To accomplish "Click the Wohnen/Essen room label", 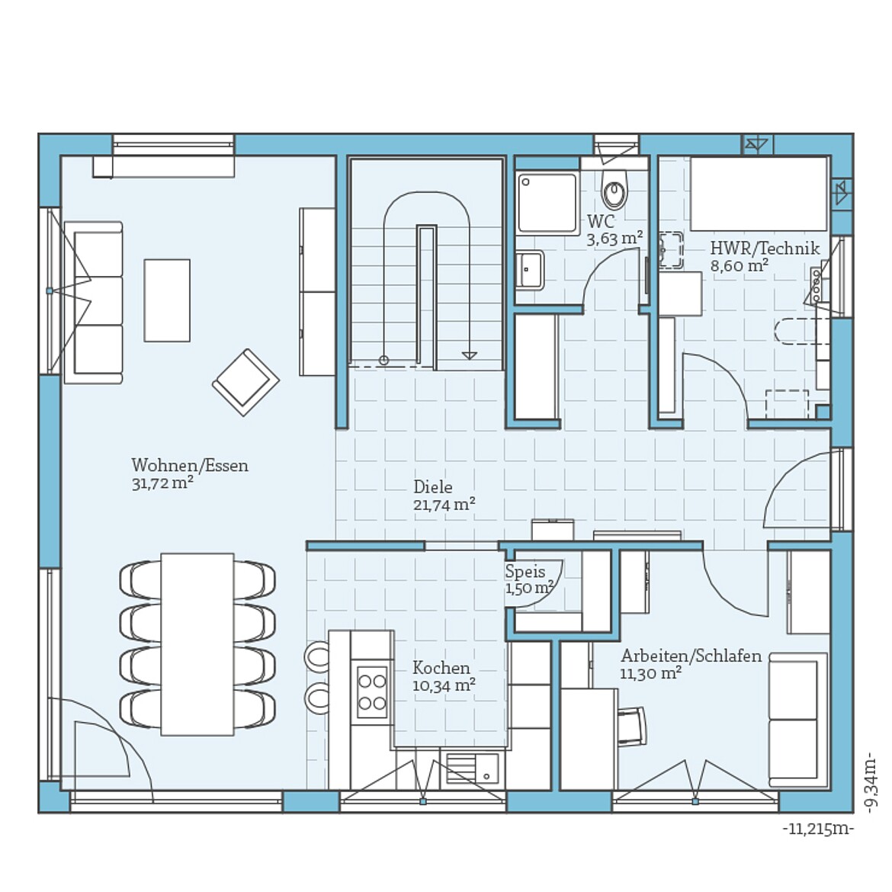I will tap(190, 465).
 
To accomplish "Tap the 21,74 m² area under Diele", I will tap(444, 505).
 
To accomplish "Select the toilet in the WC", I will tap(614, 191).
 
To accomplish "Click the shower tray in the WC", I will tap(547, 203).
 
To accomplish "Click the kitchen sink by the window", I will tap(471, 768).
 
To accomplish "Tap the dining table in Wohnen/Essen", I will tap(197, 644).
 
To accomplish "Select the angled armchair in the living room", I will tap(245, 382).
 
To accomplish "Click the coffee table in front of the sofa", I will tap(167, 300).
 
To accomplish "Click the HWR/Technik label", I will tap(765, 248).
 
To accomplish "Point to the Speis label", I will tap(525, 572).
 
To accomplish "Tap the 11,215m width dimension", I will tap(818, 829).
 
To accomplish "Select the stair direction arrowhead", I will tap(470, 355).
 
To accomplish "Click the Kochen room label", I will tap(441, 668).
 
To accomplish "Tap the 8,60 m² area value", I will tap(739, 266).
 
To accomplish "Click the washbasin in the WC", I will tap(530, 269).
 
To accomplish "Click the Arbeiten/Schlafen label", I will tap(691, 656).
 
